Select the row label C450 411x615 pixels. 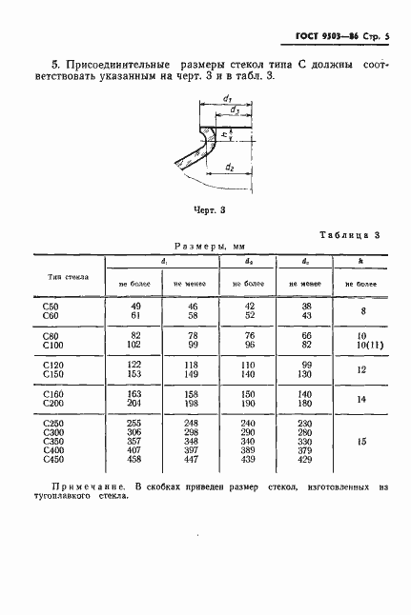click(x=53, y=460)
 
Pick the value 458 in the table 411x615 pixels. click(x=134, y=460)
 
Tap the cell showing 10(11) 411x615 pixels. click(x=361, y=345)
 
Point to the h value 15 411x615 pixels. click(x=361, y=441)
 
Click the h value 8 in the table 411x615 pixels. click(x=361, y=310)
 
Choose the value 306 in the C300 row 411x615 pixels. click(x=134, y=431)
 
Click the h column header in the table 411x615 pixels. click(x=361, y=259)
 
